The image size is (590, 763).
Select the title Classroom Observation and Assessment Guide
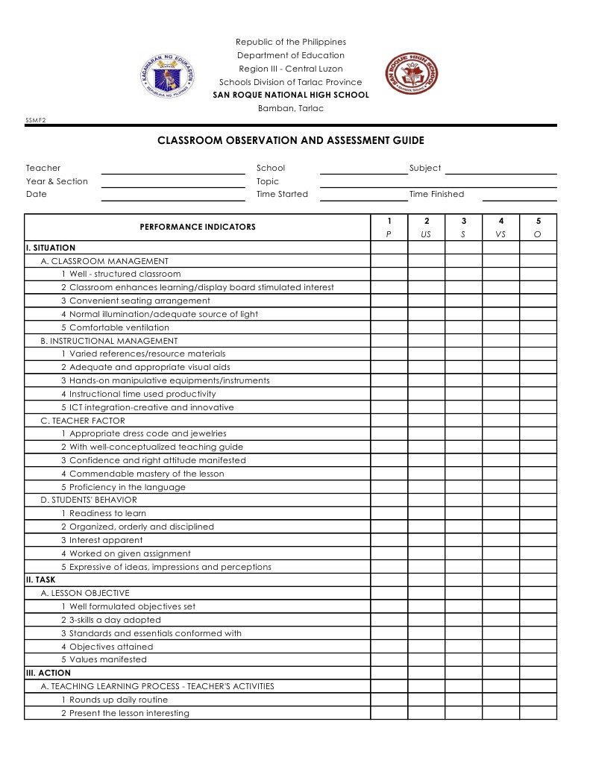pos(291,140)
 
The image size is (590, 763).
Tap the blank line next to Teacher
pos(173,169)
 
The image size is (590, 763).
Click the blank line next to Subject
pos(500,169)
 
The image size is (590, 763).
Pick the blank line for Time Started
pos(363,195)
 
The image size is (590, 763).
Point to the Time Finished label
pos(436,195)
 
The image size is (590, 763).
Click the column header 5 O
pos(538,227)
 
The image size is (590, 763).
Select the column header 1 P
pos(389,227)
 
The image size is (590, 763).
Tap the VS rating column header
pos(500,227)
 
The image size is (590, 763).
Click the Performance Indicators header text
pos(198,227)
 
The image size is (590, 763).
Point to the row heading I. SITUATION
pos(51,248)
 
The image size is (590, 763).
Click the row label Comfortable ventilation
pos(115,327)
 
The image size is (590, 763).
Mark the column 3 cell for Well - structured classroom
pos(463,274)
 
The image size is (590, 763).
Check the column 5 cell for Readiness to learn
pos(538,514)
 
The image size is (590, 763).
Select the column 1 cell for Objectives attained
pos(389,647)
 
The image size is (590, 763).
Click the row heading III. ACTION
pos(48,673)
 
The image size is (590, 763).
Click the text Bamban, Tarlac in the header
pos(291,109)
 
